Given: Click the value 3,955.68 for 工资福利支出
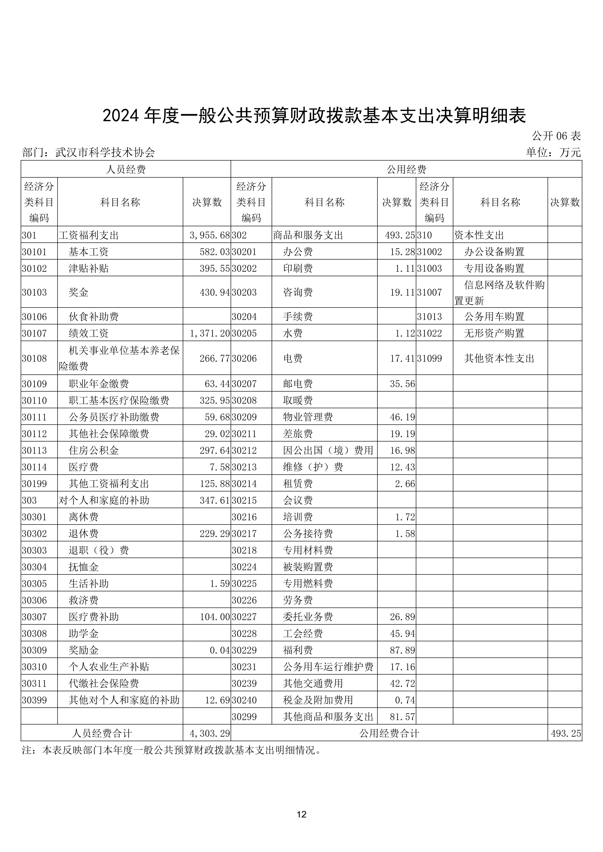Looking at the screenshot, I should [x=209, y=235].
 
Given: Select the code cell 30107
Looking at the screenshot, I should [x=35, y=333].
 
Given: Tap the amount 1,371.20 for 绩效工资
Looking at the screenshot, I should [x=209, y=333].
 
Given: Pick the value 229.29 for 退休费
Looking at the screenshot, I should [x=215, y=534].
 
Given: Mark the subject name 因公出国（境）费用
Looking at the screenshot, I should [x=328, y=450].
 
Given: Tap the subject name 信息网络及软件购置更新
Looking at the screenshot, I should [x=499, y=292].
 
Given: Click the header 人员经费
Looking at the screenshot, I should [x=126, y=170].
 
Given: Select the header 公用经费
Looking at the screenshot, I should [x=406, y=170].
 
